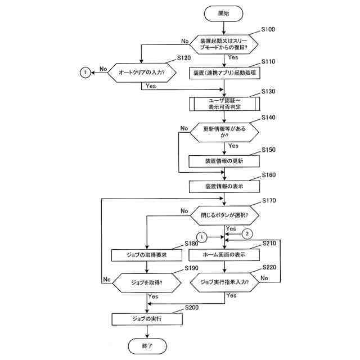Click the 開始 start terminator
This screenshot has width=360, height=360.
(x=223, y=13)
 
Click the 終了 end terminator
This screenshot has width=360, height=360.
(x=147, y=346)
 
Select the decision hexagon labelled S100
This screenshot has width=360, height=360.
(x=224, y=44)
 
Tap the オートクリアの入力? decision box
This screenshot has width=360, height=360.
(x=142, y=73)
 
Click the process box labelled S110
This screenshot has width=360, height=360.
(x=224, y=73)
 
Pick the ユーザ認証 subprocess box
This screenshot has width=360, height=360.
(x=224, y=103)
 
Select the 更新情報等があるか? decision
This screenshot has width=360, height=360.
(x=224, y=132)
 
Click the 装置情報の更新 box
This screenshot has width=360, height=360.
(x=224, y=161)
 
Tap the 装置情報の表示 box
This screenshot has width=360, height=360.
(x=224, y=186)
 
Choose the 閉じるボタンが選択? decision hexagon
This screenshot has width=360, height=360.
(x=224, y=215)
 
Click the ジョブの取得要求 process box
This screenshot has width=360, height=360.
(x=147, y=255)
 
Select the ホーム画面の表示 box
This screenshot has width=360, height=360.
(x=224, y=255)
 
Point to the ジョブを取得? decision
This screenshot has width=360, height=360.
(x=147, y=283)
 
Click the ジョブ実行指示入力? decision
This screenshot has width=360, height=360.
(x=224, y=282)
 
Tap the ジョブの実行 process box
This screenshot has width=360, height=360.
(x=147, y=319)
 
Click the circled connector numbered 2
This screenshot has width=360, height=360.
(x=247, y=234)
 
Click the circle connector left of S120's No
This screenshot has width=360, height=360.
(x=85, y=73)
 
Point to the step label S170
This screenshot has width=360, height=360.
(x=269, y=200)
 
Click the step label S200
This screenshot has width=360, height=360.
(x=192, y=308)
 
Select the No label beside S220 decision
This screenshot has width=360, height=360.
(x=264, y=278)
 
